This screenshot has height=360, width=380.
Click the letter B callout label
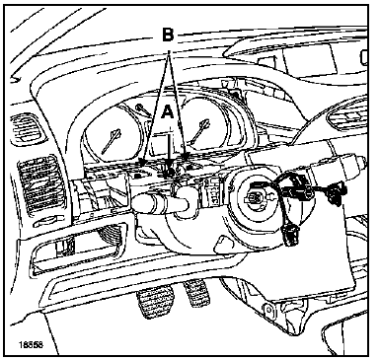[168, 34]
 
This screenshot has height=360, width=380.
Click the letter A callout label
[168, 112]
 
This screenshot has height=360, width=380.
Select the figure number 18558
[31, 344]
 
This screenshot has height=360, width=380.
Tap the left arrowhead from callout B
[143, 163]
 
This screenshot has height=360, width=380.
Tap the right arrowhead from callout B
[186, 157]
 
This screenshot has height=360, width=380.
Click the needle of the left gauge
[112, 141]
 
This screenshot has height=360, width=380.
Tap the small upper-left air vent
[27, 129]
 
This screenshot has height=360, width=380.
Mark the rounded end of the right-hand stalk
[362, 162]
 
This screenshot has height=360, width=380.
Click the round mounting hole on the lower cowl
[268, 309]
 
